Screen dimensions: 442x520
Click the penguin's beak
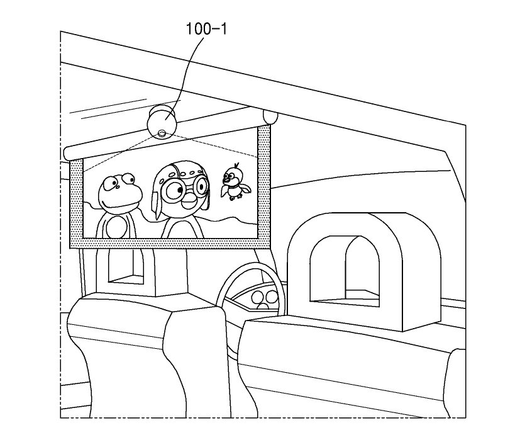188,201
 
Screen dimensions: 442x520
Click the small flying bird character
234,182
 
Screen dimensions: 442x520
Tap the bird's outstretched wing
243,186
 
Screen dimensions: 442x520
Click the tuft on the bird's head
236,167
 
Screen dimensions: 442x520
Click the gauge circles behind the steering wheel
264,297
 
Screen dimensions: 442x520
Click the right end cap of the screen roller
270,117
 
